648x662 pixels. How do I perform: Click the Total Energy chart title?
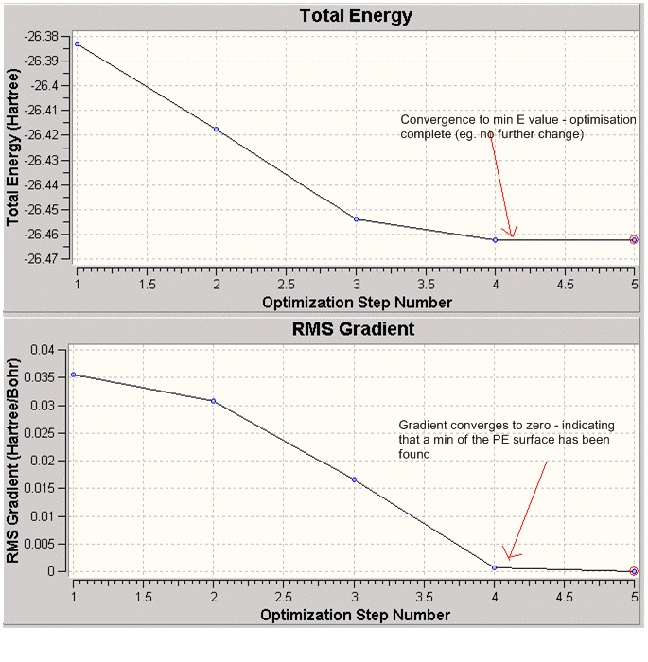click(x=355, y=16)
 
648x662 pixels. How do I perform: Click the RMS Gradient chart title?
click(x=355, y=330)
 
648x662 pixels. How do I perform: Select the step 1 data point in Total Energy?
click(x=77, y=44)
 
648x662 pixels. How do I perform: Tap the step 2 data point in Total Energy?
click(x=216, y=129)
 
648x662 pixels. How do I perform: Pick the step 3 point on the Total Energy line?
click(x=356, y=219)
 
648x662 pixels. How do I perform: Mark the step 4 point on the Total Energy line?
click(x=495, y=240)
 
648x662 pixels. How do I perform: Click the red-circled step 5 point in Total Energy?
click(x=634, y=240)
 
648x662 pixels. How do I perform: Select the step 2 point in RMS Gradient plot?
click(x=214, y=401)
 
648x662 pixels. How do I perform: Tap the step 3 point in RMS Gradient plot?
click(x=354, y=479)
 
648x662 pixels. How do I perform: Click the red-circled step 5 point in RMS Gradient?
click(x=634, y=571)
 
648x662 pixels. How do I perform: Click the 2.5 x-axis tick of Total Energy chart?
click(x=286, y=283)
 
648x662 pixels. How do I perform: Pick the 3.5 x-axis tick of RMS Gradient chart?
click(x=424, y=598)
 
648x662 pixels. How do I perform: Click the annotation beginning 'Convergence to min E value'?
click(x=492, y=127)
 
